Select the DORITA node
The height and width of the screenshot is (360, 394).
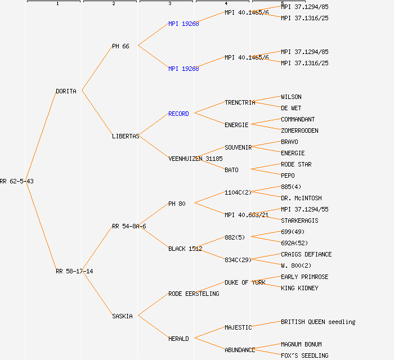66,91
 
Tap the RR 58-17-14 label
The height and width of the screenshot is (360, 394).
74,271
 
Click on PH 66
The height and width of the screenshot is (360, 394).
120,46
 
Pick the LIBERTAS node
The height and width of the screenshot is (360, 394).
126,136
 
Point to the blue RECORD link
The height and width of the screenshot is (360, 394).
178,114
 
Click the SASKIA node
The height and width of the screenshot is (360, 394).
122,316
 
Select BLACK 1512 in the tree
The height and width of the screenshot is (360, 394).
185,249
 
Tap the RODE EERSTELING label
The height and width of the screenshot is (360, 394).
194,294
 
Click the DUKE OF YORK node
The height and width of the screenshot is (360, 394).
245,282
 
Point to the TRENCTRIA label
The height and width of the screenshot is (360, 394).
240,102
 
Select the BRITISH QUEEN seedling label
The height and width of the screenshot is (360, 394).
318,322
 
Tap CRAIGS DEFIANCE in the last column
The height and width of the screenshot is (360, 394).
306,254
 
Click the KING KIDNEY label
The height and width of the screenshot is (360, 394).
299,288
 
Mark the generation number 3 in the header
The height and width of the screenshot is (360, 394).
169,4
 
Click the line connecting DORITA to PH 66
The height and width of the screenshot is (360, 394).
97,69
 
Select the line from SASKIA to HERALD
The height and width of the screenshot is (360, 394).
153,326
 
